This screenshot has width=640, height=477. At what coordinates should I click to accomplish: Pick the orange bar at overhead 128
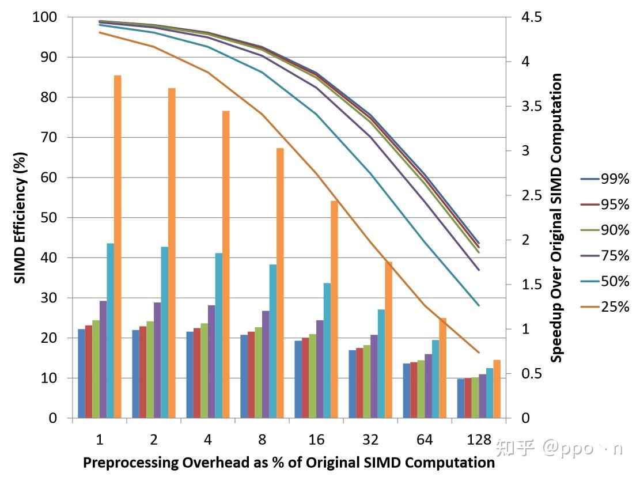point(497,389)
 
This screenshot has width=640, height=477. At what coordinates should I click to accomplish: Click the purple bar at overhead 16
point(320,369)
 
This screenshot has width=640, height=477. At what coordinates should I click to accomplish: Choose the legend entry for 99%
point(605,179)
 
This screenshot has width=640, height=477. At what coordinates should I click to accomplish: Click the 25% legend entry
point(605,306)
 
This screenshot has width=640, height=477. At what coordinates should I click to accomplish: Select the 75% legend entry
point(605,255)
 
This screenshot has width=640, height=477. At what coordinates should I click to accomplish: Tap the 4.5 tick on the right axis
point(531,17)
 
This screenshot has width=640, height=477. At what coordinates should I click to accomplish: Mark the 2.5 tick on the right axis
point(531,196)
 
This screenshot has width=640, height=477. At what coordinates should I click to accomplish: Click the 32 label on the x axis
point(370,440)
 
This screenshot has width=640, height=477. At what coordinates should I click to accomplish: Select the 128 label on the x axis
point(479,440)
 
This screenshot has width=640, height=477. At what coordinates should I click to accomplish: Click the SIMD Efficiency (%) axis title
point(20,218)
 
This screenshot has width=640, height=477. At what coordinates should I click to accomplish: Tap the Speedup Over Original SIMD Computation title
point(556,218)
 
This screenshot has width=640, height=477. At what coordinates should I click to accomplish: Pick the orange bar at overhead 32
point(388,340)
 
